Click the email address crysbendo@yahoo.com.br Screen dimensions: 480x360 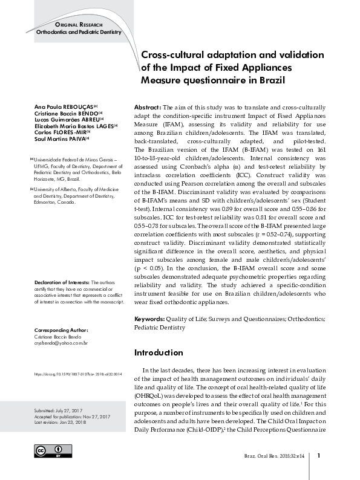[x=61, y=343]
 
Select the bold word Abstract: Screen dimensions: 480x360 [x=148, y=106]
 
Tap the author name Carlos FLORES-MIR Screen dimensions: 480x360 [x=61, y=131]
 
